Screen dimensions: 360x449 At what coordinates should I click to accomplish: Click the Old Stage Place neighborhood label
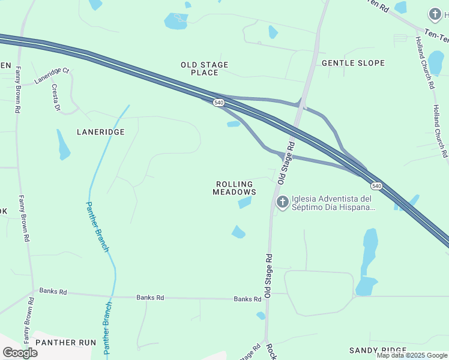(x=204, y=68)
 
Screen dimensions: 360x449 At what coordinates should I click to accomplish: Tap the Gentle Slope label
(x=353, y=63)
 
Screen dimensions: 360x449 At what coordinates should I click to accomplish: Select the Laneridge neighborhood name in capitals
(x=100, y=131)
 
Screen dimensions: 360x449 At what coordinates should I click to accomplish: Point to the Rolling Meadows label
(x=234, y=188)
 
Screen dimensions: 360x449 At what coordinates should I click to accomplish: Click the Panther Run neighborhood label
(x=65, y=343)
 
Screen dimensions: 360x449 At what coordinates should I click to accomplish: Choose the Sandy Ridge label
(x=378, y=350)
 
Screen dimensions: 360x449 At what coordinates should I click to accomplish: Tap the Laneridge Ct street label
(x=52, y=75)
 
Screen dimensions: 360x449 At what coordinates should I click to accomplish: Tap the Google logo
(x=19, y=353)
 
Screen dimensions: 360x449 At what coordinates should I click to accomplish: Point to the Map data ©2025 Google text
(x=412, y=355)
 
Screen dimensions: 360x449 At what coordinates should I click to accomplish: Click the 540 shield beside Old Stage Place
(x=219, y=103)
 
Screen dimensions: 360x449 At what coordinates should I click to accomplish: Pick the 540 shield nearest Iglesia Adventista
(x=376, y=186)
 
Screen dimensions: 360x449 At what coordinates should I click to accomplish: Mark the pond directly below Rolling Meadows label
(x=244, y=203)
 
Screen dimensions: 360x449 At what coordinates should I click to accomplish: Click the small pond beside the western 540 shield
(x=234, y=124)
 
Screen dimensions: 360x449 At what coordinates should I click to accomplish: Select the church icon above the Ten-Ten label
(x=435, y=13)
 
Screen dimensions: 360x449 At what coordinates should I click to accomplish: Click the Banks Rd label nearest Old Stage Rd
(x=247, y=299)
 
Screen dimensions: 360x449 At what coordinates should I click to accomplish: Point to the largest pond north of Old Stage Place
(x=176, y=22)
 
